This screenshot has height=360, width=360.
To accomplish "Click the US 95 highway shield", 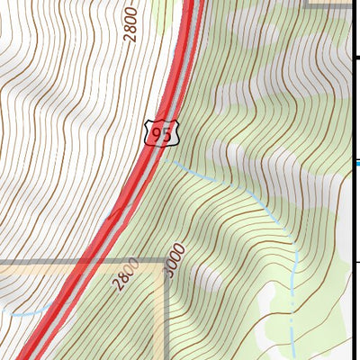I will click(x=162, y=133).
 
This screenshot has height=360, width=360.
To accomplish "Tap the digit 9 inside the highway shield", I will click(x=157, y=133).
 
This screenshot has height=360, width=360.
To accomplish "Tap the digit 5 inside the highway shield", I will click(x=167, y=133).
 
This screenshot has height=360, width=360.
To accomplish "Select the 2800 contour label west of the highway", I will click(x=131, y=24).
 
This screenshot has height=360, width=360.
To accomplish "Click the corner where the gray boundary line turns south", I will click(x=165, y=262).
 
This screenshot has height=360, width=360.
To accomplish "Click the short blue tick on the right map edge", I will click(x=355, y=163).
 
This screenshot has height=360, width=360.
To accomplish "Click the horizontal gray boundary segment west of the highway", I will click(x=40, y=262).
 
